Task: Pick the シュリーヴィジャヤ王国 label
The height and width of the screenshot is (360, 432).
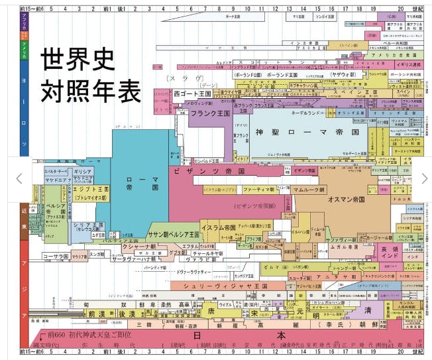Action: [229, 286]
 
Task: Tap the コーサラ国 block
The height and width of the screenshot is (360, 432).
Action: [56, 256]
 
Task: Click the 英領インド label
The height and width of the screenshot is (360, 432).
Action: [390, 253]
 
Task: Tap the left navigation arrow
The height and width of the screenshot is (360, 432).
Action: [19, 178]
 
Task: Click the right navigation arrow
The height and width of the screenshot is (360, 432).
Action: [425, 178]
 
